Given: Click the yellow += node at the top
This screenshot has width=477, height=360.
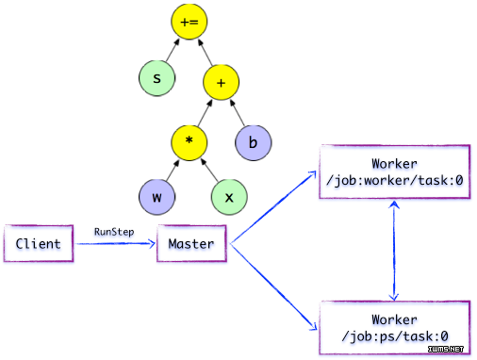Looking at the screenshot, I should (x=189, y=21).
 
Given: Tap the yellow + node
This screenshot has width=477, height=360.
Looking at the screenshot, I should (x=222, y=84).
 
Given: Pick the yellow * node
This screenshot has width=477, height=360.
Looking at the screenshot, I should (x=189, y=142).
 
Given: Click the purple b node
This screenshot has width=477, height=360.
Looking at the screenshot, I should (x=253, y=142).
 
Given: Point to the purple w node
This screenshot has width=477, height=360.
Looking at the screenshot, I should (x=156, y=199).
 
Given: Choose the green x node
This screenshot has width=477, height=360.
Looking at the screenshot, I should (x=229, y=199).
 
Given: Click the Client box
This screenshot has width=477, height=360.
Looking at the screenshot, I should (x=38, y=244).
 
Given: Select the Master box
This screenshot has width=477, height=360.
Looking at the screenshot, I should (x=191, y=244).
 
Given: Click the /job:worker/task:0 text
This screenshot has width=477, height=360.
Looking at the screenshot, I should (x=394, y=179).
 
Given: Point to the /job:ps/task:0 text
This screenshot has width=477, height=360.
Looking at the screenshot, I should (x=394, y=335).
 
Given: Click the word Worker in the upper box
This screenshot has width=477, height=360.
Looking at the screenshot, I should (x=394, y=163).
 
